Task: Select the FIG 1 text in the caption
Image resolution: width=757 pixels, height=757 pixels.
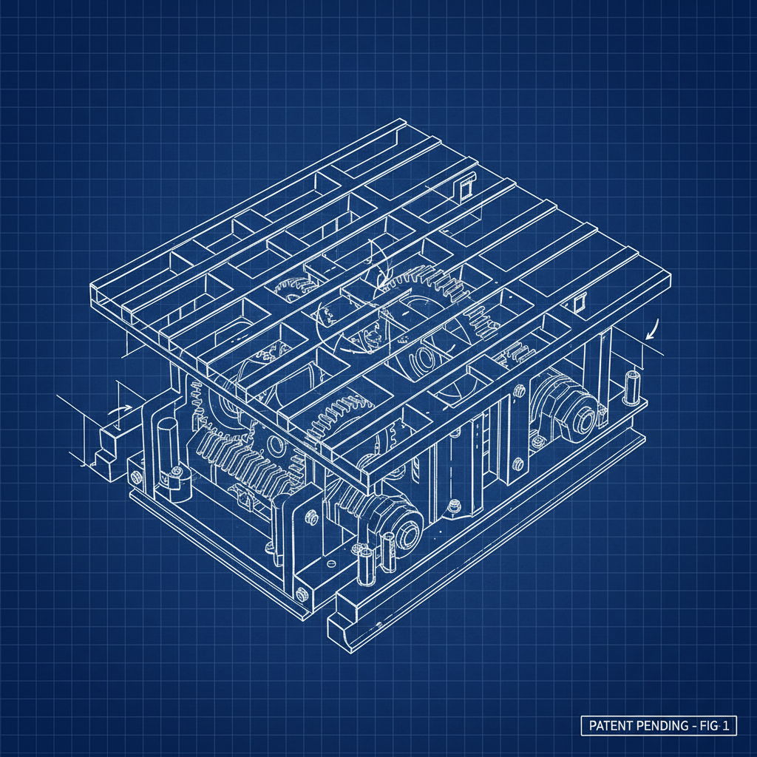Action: (x=716, y=726)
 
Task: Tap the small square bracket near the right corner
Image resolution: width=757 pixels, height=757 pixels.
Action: (x=578, y=302)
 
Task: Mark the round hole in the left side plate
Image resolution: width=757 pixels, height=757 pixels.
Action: (x=274, y=446)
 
